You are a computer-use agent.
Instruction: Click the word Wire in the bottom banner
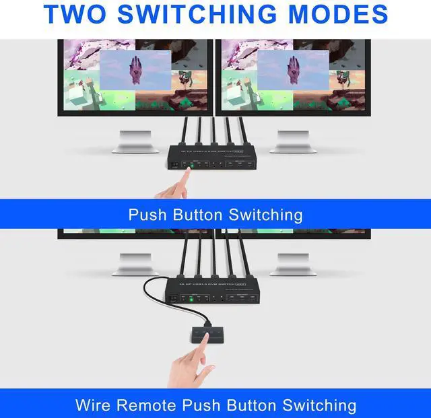(94, 405)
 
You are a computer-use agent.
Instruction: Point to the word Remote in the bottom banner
(152, 405)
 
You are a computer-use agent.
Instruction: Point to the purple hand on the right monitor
(293, 69)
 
